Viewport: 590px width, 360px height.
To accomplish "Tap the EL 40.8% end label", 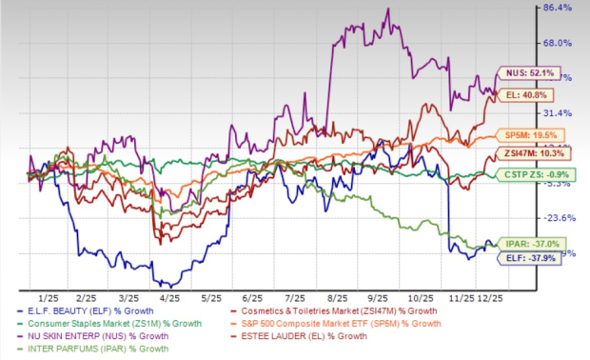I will [x=530, y=94].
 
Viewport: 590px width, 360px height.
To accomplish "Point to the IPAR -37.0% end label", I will [x=525, y=244].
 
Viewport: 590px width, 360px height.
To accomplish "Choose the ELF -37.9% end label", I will [x=523, y=254].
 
